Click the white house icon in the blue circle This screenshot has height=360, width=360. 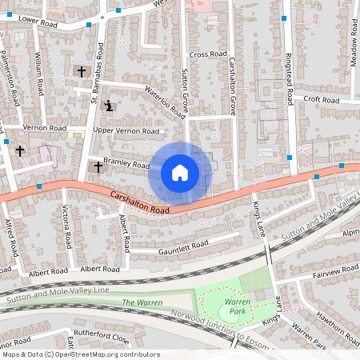click(x=180, y=172)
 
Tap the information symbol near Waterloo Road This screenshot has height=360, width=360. click(x=109, y=105)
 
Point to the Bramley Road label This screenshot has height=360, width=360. click(x=126, y=164)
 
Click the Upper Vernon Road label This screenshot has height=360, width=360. click(x=126, y=130)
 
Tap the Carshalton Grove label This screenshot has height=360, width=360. click(x=233, y=85)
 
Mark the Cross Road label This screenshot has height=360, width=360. click(x=208, y=54)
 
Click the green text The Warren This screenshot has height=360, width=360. click(x=142, y=302)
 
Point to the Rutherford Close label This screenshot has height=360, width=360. click(x=101, y=337)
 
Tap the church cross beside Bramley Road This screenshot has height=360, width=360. click(x=98, y=166)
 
